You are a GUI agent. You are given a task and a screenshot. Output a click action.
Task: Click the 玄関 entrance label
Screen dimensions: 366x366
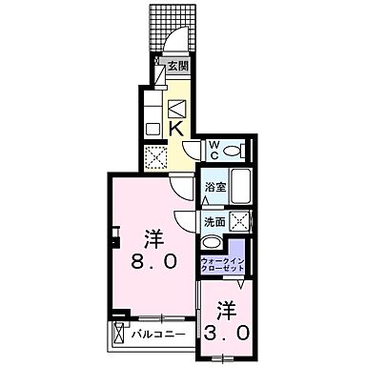coord(177,66)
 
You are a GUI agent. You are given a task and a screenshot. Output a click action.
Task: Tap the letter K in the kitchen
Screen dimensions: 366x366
coord(176,127)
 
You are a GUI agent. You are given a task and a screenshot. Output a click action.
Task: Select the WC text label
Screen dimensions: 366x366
coord(214,148)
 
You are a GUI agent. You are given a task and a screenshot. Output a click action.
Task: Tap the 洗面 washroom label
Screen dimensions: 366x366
coord(213,222)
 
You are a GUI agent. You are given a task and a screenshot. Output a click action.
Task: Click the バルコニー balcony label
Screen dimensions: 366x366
coord(152,333)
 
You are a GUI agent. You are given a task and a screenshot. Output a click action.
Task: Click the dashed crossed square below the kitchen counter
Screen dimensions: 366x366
coord(154,156)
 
